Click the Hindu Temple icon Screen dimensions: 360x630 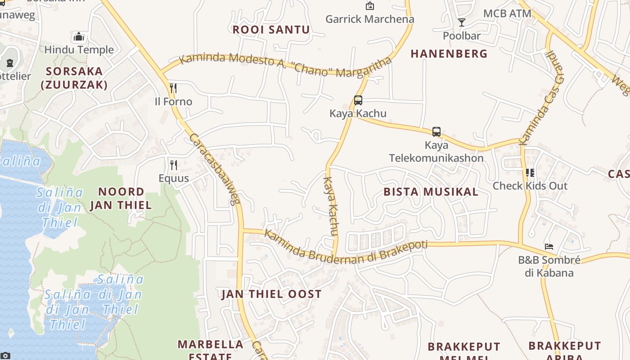79,36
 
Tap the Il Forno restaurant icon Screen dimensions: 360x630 173,88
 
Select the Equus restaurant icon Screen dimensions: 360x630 173,165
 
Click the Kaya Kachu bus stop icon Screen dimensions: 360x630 358,100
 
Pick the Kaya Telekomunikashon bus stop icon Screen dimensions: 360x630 436,132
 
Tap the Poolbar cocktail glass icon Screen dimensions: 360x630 461,22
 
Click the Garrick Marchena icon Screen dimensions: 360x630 369,6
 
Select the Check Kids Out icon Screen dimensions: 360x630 530,172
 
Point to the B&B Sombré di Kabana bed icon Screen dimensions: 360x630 549,246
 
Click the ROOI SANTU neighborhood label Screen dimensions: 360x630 271,30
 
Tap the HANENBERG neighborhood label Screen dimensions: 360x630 449,54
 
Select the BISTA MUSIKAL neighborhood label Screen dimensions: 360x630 431,192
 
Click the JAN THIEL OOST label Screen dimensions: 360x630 271,294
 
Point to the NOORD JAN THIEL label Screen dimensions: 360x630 121,198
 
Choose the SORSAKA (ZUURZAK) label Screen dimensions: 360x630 74,78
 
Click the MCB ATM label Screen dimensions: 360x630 507,13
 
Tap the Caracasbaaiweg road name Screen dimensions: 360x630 214,168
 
